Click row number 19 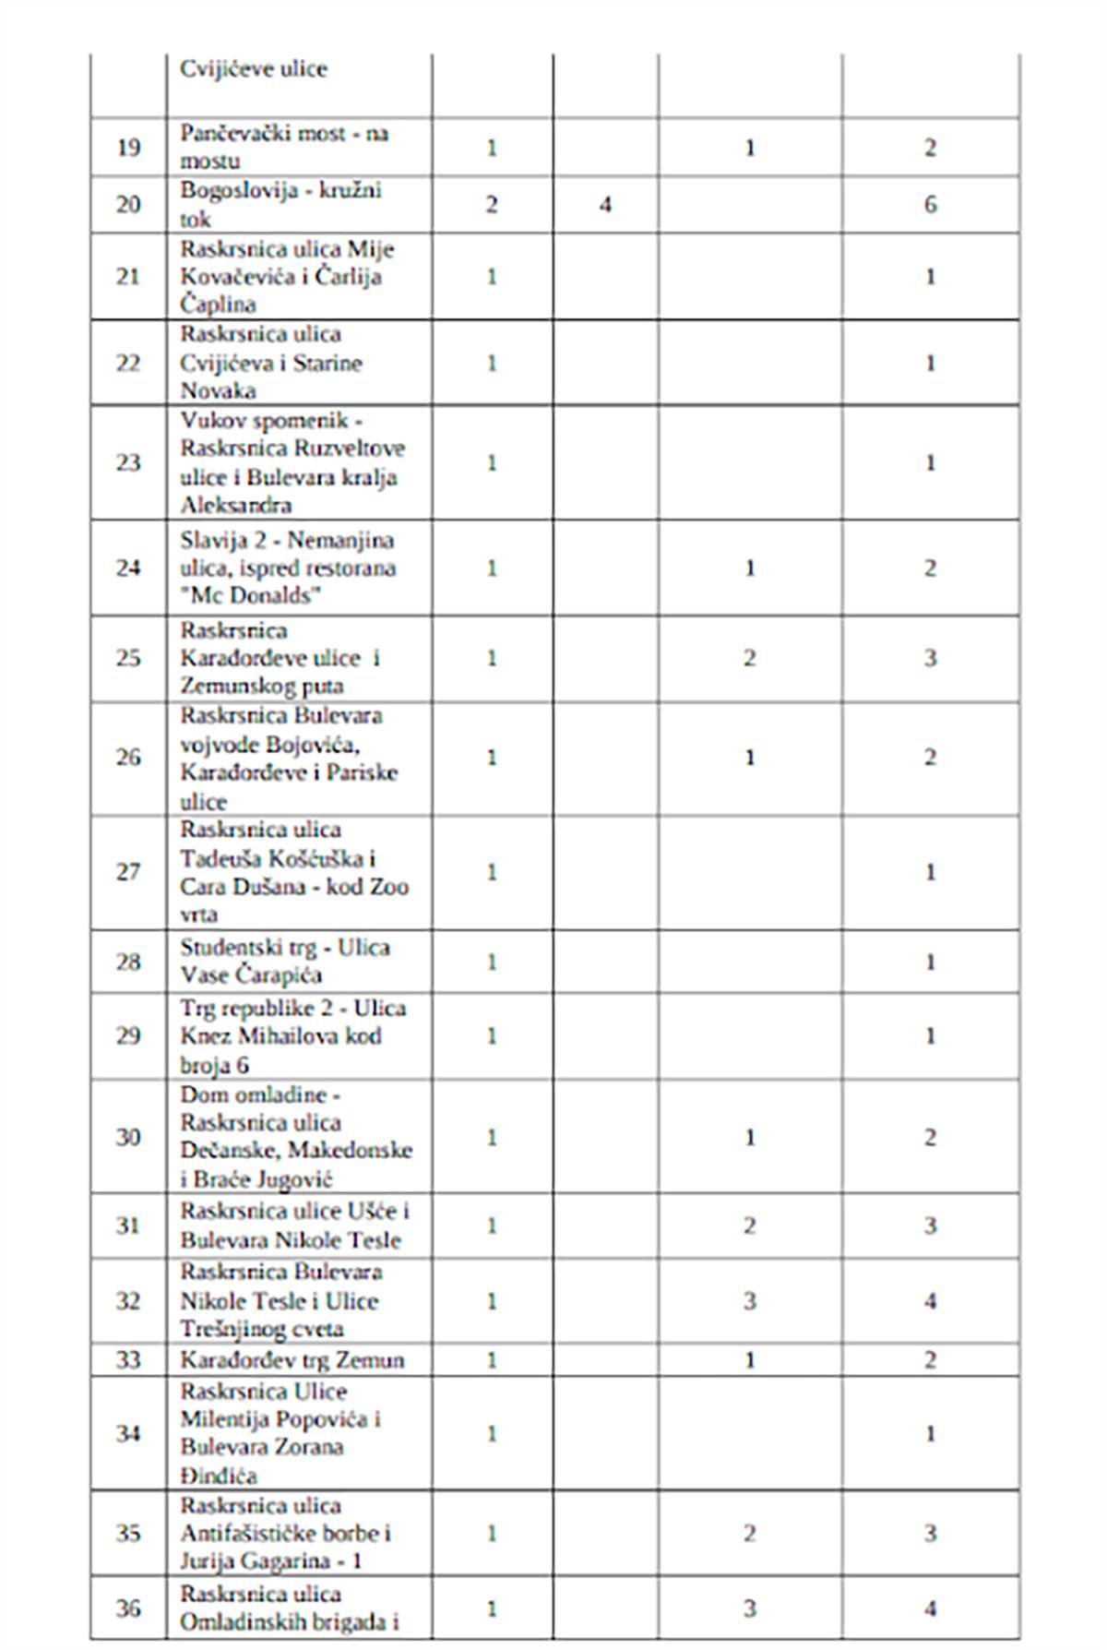(128, 148)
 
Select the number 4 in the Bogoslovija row (605, 204)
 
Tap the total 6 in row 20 (930, 204)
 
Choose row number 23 (128, 462)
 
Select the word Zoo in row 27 (388, 887)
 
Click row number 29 (128, 1035)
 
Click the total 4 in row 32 (930, 1301)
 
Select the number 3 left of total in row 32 (749, 1301)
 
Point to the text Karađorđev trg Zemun (292, 1360)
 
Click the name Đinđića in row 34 (219, 1476)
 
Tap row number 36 (128, 1608)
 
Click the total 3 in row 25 (930, 658)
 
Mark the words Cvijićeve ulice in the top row (253, 69)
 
